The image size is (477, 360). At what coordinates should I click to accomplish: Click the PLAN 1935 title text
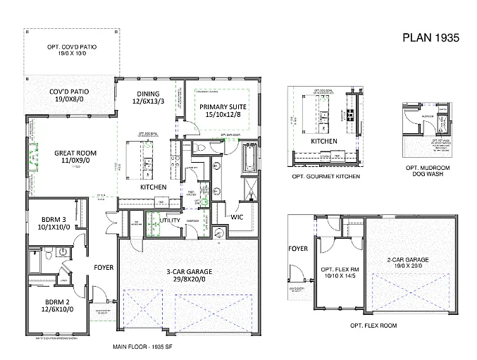point(430,38)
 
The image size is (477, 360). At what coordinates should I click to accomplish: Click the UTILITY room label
point(170,221)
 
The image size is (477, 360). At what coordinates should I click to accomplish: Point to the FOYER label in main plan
point(104,267)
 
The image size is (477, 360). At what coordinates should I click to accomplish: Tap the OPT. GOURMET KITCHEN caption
point(326,176)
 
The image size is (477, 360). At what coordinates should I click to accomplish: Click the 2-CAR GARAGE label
point(404,261)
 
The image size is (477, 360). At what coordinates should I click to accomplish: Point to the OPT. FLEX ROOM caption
point(373,326)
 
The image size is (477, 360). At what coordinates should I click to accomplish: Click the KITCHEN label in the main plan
point(153,187)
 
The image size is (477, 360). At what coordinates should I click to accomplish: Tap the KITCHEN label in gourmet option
point(324,141)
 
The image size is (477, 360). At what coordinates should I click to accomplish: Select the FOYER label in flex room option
point(298,248)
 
